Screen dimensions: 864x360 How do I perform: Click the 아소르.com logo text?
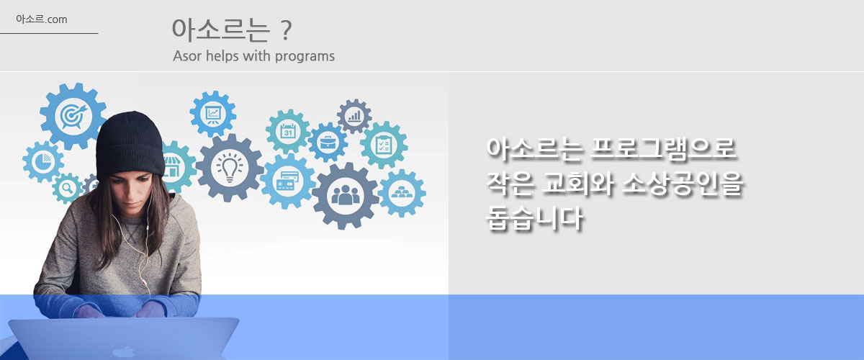coord(42,19)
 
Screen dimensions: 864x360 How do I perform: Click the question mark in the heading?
coord(285,31)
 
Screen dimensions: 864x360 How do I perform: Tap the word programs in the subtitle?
coord(305,57)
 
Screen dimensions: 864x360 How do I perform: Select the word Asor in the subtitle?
coord(187,56)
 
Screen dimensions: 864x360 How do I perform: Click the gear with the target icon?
coord(73,116)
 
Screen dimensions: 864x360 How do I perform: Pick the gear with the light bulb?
coord(230,168)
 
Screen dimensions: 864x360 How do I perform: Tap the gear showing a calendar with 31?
coord(288,132)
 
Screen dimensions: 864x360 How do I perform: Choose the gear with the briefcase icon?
coord(328,143)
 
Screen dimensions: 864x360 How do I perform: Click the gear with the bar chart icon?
coord(354,116)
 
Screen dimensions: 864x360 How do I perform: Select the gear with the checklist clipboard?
coord(384,145)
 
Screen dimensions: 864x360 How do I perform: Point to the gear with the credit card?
coord(288,181)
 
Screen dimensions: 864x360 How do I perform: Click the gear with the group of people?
coord(345,196)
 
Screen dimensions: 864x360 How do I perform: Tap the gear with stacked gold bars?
coord(402,193)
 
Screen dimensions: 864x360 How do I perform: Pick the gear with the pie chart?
coord(43,162)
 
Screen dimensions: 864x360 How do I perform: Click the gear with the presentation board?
coord(213,114)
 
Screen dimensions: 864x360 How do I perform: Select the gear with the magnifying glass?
coord(67,189)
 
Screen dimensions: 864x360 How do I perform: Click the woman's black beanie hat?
coord(130,145)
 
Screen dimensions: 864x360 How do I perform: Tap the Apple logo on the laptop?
coord(123,352)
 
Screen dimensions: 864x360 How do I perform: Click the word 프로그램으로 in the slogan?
coord(662,149)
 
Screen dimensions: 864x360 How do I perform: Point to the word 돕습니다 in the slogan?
coord(534,218)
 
